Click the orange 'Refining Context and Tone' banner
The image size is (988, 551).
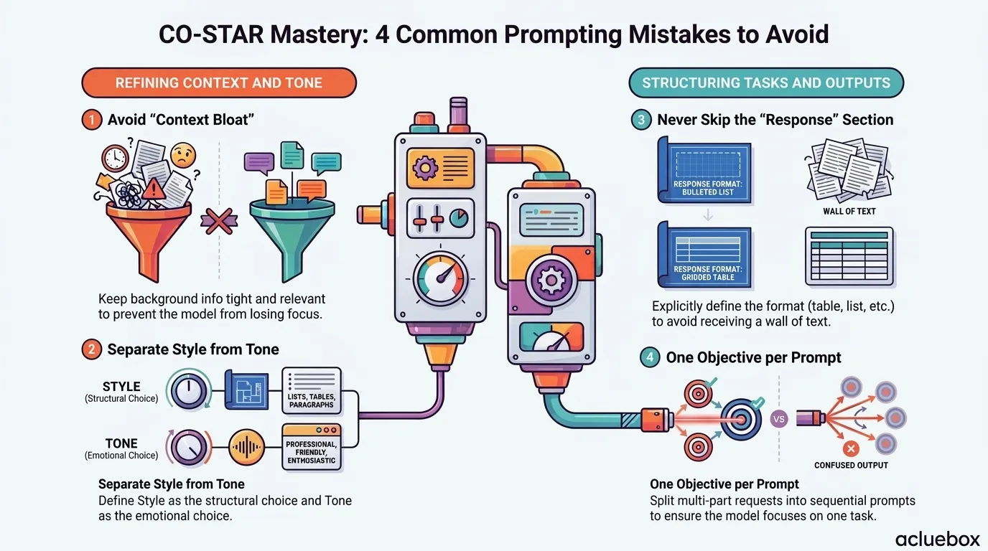point(219,83)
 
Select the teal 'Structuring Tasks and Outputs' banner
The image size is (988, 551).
point(766,83)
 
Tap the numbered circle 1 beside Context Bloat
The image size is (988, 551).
point(92,120)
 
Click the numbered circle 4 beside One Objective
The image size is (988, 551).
point(650,357)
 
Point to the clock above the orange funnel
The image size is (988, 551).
point(115,157)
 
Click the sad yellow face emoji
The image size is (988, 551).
point(183,154)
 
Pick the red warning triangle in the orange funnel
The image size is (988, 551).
point(153,189)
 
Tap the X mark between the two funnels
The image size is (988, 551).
point(219,221)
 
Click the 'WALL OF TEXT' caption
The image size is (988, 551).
point(849,211)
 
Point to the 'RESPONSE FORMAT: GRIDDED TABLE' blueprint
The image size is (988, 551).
point(704,255)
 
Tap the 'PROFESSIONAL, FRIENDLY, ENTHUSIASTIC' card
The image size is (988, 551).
point(312,448)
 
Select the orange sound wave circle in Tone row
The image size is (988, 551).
point(246,448)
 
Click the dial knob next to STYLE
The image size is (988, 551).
point(188,391)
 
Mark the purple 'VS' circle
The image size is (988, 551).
point(779,419)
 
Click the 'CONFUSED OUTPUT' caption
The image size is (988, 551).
point(851,465)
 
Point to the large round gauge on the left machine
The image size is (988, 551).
point(440,278)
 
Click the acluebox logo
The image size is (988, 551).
point(937,539)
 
